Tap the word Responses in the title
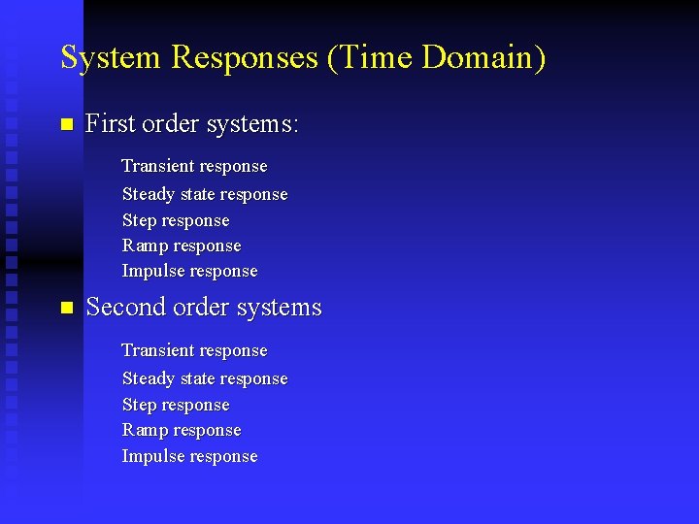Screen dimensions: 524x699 [x=245, y=57]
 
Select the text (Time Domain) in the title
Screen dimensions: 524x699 [x=436, y=57]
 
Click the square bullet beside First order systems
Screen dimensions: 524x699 [x=66, y=124]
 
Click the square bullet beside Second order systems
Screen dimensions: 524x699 [x=66, y=308]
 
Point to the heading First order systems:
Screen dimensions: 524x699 [x=192, y=124]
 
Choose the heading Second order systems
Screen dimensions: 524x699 [x=203, y=308]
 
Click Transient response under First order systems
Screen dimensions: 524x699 [x=194, y=167]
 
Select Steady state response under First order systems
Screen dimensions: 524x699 [x=205, y=194]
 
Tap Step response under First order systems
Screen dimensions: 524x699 [x=176, y=220]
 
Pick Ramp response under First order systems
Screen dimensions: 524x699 [x=182, y=246]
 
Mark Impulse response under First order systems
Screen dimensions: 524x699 [x=189, y=271]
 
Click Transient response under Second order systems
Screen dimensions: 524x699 [x=194, y=350]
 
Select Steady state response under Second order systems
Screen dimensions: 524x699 [x=205, y=378]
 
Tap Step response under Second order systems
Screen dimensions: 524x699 [x=176, y=405]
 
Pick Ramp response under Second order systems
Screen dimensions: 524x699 [x=182, y=430]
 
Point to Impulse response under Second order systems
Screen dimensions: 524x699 [x=189, y=456]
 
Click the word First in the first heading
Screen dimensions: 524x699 [x=110, y=124]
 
